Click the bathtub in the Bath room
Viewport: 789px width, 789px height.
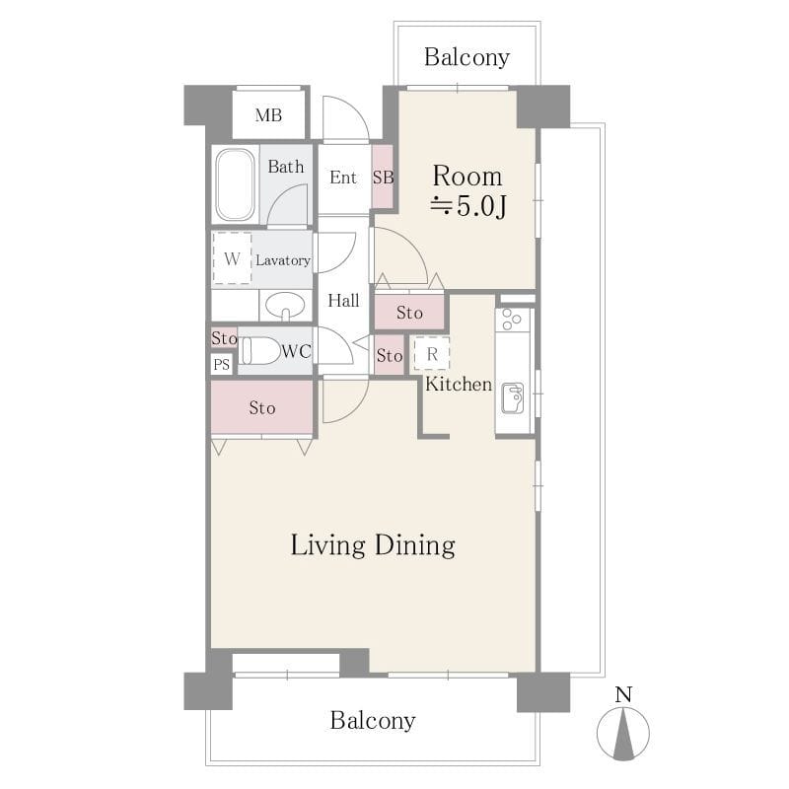235,184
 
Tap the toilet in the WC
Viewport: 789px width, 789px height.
259,350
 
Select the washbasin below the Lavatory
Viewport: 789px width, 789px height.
285,305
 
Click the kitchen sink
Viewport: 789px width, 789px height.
513,398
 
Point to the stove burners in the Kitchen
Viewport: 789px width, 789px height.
512,320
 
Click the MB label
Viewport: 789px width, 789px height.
268,115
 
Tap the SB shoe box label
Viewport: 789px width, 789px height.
383,178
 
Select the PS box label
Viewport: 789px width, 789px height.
221,364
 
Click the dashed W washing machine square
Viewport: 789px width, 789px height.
232,257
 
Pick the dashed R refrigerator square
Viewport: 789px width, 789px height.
432,354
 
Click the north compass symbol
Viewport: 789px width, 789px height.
623,733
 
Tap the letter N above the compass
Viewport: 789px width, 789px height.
623,695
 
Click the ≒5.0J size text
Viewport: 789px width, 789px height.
467,206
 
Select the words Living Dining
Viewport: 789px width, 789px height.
373,546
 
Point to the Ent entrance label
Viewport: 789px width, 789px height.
343,178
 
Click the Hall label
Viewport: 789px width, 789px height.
343,301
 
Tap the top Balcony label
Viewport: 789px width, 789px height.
466,58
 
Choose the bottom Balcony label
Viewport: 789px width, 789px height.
373,721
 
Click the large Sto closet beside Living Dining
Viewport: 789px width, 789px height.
262,407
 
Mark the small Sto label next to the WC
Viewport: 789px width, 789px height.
224,337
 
